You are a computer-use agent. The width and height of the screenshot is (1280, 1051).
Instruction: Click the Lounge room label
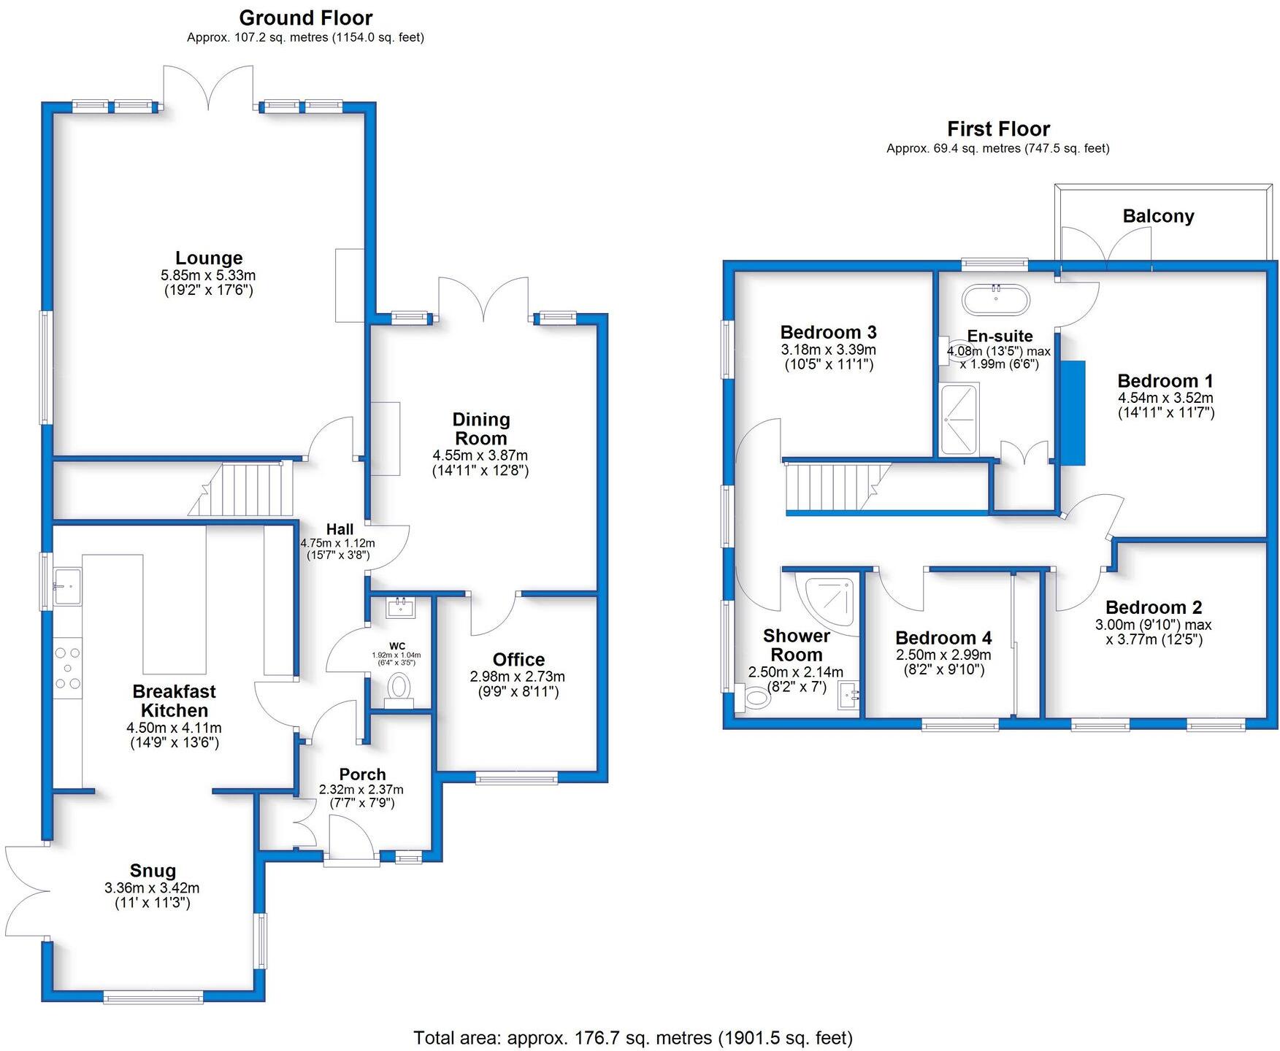[209, 258]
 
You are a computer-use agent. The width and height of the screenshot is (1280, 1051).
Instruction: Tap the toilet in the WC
[399, 689]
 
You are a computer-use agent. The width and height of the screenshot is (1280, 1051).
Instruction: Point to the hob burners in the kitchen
[68, 668]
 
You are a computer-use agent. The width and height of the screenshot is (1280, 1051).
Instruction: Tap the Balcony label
[1158, 216]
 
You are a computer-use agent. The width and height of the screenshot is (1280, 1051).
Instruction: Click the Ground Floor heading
[306, 18]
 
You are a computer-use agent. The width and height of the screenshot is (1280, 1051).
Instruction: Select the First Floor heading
[998, 129]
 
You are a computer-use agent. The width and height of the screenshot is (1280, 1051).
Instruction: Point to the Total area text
[633, 1037]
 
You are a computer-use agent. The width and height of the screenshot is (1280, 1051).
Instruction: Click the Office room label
[518, 660]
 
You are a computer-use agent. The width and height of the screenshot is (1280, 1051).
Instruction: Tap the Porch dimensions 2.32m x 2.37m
[361, 789]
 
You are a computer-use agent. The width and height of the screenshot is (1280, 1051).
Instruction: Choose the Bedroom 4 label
[943, 638]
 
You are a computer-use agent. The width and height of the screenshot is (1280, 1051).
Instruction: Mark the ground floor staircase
[240, 488]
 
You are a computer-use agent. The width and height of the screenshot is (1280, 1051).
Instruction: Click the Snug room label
[153, 870]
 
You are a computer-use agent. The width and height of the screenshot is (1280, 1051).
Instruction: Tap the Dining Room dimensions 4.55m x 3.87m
[480, 455]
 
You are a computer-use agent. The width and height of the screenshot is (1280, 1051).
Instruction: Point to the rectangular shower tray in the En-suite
[959, 419]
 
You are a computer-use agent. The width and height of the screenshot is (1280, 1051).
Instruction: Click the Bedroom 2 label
[1154, 607]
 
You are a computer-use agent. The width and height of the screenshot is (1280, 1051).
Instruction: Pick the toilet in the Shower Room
[753, 698]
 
